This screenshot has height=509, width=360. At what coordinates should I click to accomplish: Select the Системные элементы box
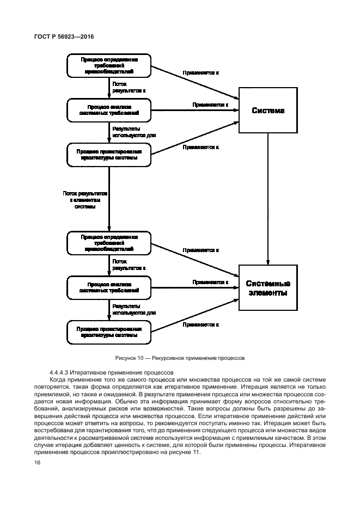point(268,287)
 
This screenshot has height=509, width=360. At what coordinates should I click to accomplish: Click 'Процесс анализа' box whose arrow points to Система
point(109,110)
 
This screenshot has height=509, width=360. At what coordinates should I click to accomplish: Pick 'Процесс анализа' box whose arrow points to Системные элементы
point(109,287)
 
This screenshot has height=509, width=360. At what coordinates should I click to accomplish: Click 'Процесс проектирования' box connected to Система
point(109,155)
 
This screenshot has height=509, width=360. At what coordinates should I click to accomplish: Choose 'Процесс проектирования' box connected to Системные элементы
point(109,332)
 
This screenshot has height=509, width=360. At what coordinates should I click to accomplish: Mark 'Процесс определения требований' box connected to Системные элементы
point(109,243)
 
